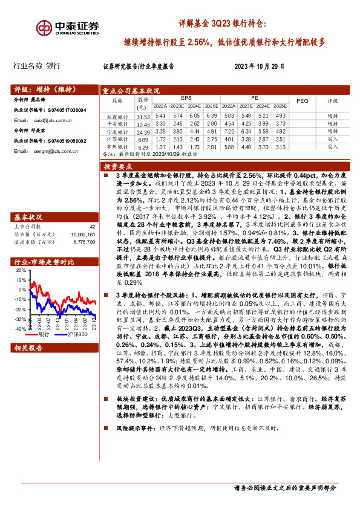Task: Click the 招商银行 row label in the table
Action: coord(117,116)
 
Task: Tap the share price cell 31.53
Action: coord(143,116)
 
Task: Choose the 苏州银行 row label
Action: coord(117,147)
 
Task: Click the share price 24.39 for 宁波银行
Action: coord(143,132)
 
